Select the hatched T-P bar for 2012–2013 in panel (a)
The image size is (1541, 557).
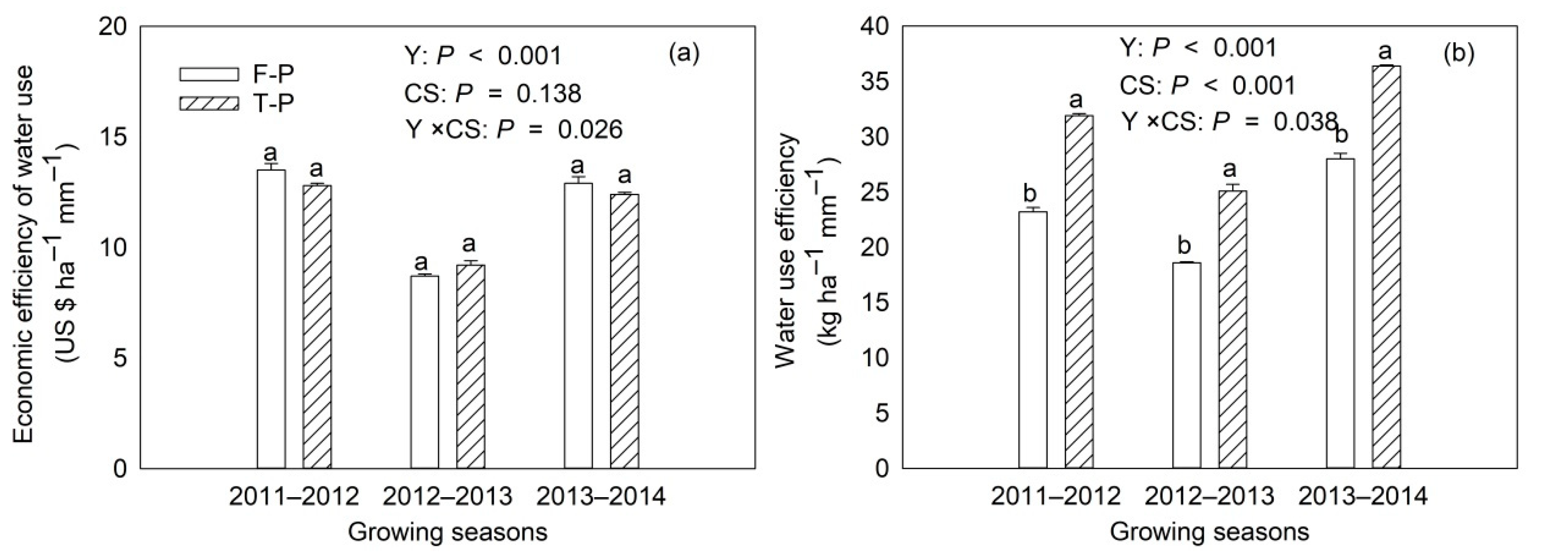[470, 366]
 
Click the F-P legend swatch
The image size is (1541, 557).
[209, 74]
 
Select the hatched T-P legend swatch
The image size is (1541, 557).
[209, 103]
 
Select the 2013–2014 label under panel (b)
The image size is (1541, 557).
[1363, 496]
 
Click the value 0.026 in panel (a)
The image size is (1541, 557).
[590, 129]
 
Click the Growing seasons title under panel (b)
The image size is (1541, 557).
[1209, 531]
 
